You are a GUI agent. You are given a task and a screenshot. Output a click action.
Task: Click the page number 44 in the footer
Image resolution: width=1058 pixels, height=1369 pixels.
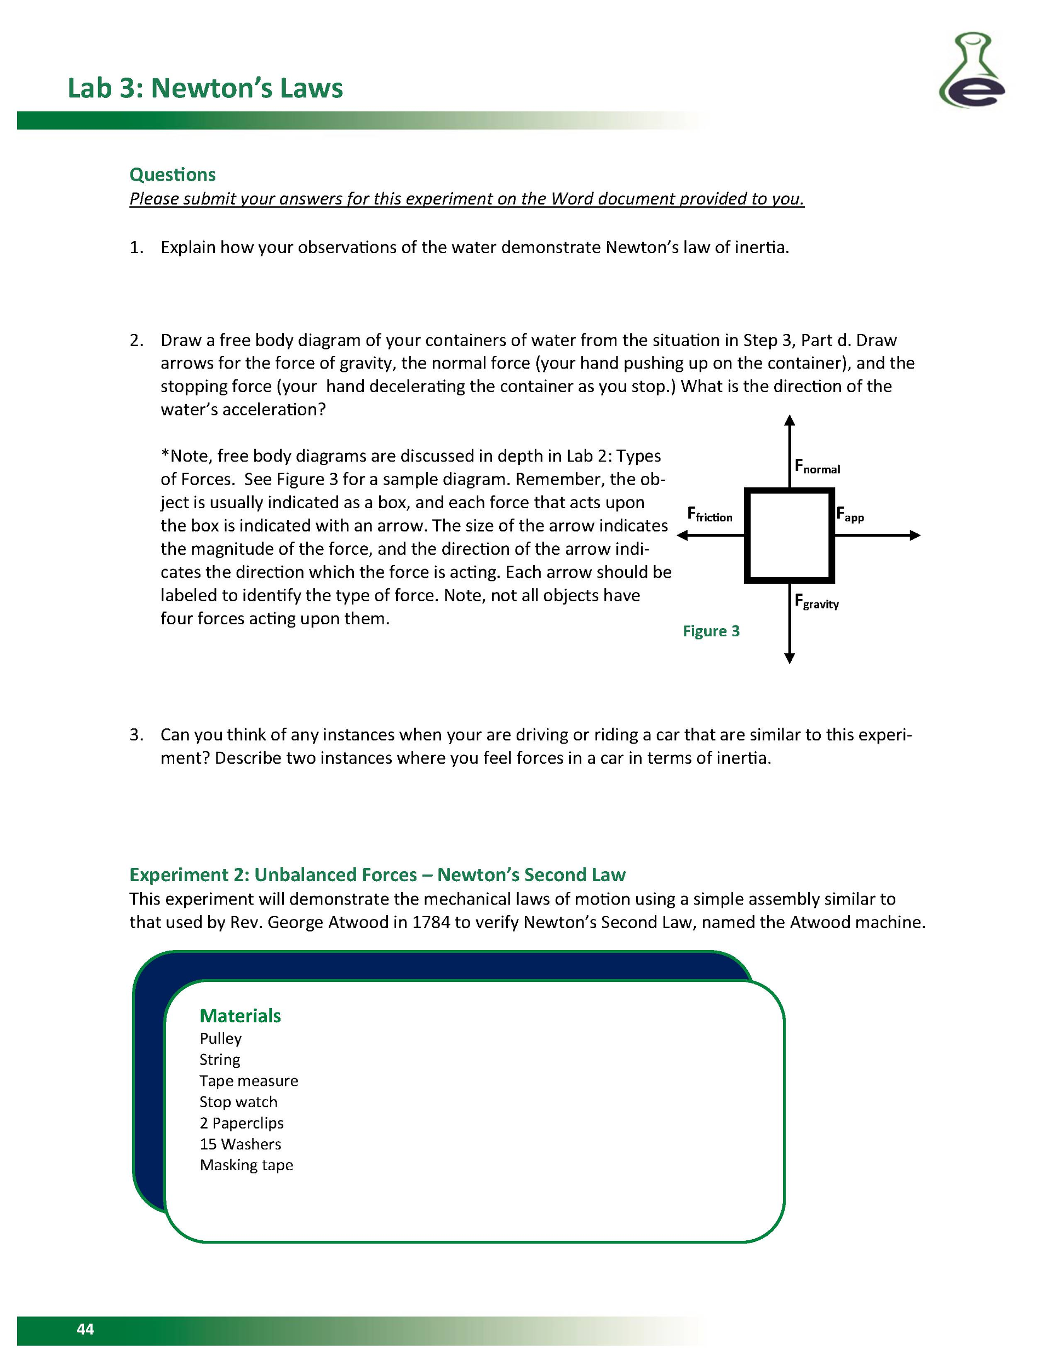click(x=85, y=1329)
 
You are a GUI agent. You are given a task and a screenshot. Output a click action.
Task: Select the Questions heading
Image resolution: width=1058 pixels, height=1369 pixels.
click(x=173, y=174)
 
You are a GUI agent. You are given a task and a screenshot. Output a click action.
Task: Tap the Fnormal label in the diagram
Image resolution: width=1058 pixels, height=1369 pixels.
click(x=816, y=467)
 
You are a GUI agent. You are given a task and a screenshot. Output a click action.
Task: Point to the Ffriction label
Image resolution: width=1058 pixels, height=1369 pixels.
click(x=710, y=515)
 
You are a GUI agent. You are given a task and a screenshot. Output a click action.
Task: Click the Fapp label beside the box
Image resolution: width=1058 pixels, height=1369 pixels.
click(x=850, y=515)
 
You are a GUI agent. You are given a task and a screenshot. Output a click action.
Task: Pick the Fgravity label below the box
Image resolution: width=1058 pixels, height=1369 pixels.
click(x=816, y=601)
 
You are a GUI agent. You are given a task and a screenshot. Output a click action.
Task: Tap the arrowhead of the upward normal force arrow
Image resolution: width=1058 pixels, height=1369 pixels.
click(x=790, y=420)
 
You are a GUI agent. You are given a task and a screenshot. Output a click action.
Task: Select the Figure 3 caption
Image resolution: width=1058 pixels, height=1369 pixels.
click(x=711, y=631)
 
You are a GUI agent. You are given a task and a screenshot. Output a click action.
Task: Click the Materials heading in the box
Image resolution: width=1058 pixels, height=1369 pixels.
click(x=240, y=1015)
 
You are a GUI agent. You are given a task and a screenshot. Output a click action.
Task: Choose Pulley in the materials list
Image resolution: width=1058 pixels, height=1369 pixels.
click(x=220, y=1039)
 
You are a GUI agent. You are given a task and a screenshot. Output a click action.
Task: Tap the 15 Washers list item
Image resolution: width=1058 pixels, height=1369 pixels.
click(x=240, y=1144)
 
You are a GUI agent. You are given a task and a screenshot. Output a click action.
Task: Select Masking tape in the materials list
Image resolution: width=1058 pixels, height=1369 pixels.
click(x=247, y=1165)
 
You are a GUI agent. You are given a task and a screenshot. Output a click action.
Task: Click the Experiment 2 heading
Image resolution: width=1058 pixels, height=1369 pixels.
click(x=377, y=875)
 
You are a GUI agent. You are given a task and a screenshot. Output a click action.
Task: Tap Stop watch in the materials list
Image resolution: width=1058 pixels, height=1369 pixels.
click(x=238, y=1102)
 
